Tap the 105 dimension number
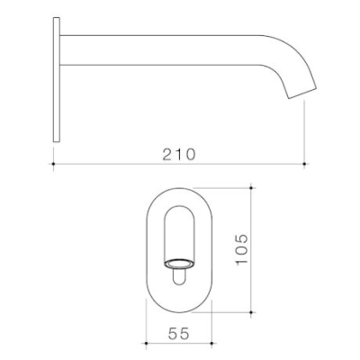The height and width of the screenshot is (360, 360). pos(235,249)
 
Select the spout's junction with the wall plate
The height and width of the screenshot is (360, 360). pos(62,49)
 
